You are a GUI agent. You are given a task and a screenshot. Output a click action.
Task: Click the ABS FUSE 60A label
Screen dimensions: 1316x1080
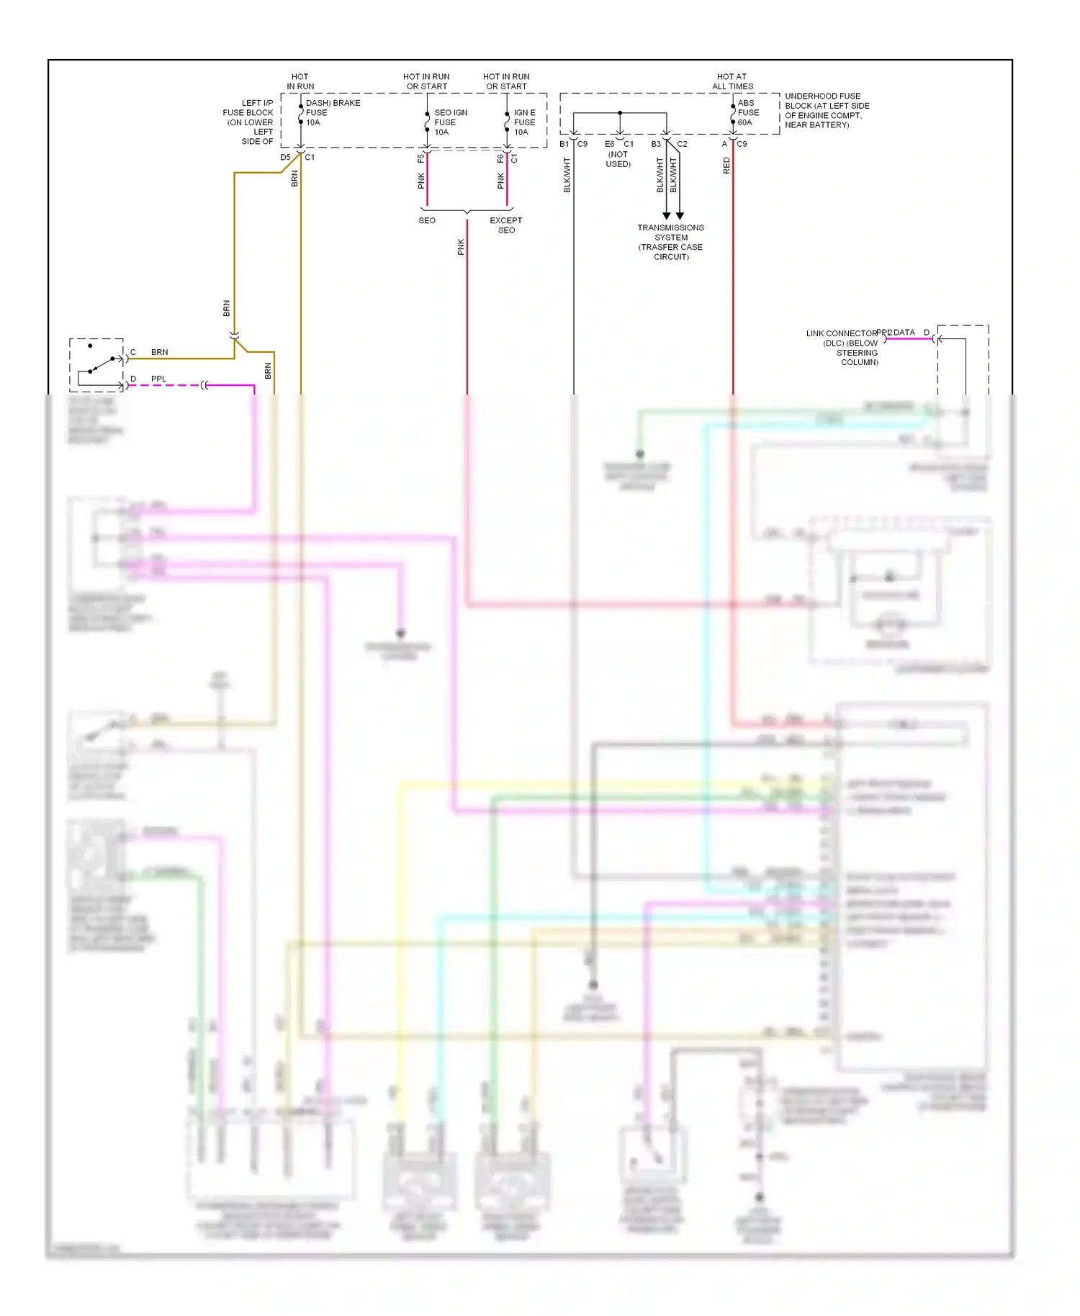(x=748, y=113)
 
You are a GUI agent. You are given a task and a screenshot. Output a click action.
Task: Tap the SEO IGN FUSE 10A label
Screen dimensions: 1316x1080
(x=451, y=122)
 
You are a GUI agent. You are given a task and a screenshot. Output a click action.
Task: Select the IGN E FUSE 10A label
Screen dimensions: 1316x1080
(x=524, y=122)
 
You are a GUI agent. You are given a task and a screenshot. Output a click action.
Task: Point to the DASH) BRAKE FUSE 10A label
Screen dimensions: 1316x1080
(x=332, y=113)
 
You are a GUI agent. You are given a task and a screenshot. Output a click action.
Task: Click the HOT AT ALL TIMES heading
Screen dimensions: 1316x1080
(x=732, y=81)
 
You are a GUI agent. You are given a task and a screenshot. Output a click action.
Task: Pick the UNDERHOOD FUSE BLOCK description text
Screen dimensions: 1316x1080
(x=827, y=110)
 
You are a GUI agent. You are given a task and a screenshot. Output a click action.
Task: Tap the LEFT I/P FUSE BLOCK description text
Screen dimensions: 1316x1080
(x=248, y=122)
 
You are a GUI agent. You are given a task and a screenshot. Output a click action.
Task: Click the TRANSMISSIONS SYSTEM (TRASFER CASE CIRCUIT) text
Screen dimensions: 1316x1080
(x=670, y=242)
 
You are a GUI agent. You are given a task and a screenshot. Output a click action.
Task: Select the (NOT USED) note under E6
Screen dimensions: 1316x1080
(x=618, y=159)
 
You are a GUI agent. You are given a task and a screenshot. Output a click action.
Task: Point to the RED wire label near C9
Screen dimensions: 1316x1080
(x=726, y=166)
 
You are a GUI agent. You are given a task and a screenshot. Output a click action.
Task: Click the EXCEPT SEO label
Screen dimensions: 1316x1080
(x=506, y=225)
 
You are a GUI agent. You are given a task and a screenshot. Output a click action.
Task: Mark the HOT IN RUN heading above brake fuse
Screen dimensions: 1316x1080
(x=300, y=81)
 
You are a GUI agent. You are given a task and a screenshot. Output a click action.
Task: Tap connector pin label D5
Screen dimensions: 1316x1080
(x=286, y=158)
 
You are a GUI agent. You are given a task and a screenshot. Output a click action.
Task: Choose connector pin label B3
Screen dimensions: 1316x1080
(x=656, y=144)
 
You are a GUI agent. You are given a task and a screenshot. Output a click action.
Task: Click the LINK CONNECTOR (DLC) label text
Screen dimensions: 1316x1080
(x=842, y=348)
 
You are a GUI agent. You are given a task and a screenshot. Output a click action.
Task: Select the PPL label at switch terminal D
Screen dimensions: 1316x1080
(x=158, y=379)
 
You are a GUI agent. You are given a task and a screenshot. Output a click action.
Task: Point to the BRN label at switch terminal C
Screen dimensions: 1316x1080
(x=160, y=352)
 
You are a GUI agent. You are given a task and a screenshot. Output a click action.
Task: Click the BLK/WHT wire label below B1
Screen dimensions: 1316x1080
(x=567, y=175)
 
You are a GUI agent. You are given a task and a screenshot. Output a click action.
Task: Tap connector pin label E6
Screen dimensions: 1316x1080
(x=609, y=144)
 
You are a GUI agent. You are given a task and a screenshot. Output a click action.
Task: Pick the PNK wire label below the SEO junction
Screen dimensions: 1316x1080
(x=461, y=247)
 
